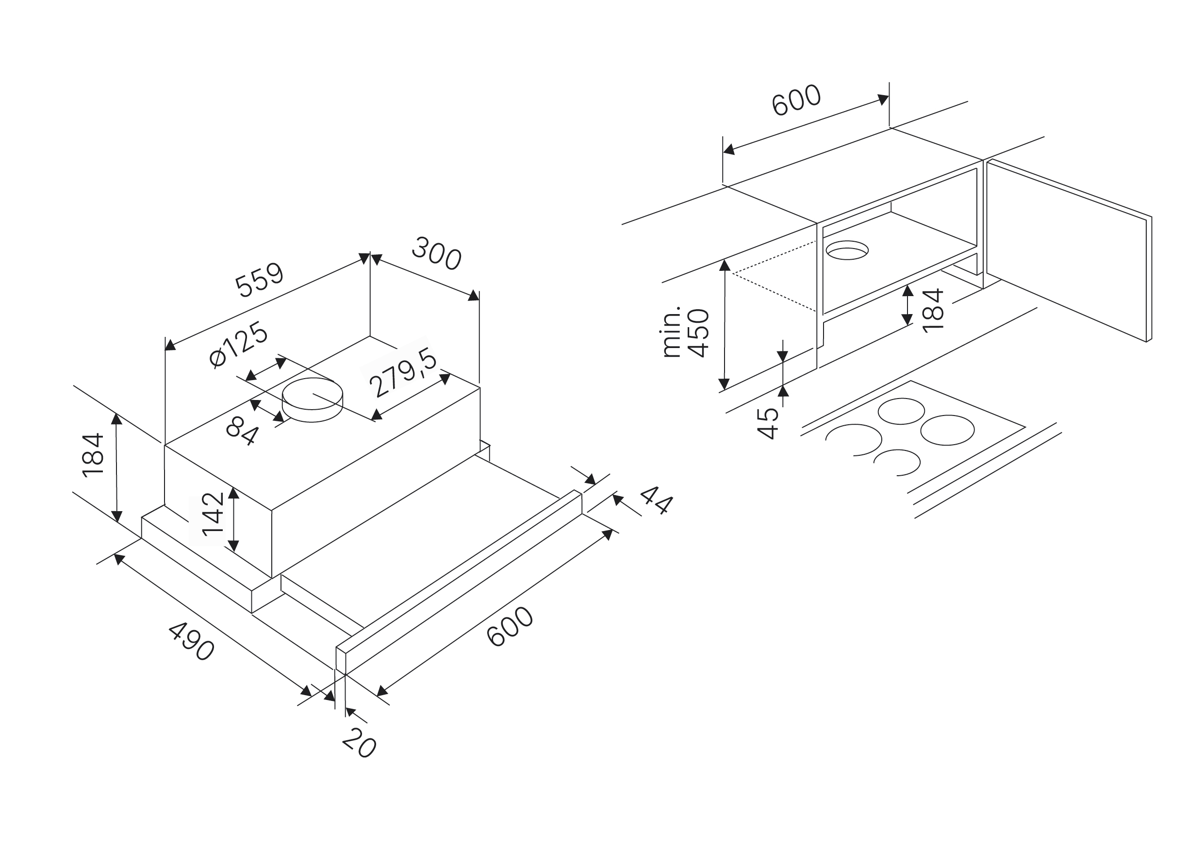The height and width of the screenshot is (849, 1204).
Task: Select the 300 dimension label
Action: point(436,254)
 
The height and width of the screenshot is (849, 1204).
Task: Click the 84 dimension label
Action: point(242,431)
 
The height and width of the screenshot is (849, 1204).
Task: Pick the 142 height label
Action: point(214,514)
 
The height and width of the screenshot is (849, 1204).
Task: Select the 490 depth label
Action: point(191,641)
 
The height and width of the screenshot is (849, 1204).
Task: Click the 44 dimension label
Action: point(656,500)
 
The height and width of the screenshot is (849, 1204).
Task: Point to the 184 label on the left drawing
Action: point(93,455)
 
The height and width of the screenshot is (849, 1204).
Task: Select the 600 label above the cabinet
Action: point(796,100)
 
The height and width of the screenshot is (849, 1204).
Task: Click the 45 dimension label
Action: point(768,423)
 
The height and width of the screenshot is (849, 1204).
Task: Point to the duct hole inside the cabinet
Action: point(847,250)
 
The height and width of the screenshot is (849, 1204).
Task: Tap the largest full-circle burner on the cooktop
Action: point(947,430)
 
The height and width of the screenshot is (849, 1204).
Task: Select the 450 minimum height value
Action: point(699,333)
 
